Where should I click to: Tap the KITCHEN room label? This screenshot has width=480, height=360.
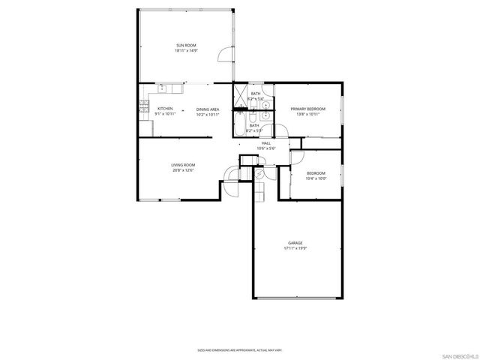tap(165, 109)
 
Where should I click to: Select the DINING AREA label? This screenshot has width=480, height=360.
tap(208, 109)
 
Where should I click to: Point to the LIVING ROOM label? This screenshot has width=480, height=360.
tap(183, 165)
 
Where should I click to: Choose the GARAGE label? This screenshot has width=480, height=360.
tap(295, 243)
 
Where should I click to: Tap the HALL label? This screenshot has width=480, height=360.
tap(266, 142)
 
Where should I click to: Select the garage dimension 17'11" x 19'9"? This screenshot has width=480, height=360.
tap(295, 249)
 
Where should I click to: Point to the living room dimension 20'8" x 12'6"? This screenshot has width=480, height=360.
tap(183, 171)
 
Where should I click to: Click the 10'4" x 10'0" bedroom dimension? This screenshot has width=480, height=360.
tap(316, 178)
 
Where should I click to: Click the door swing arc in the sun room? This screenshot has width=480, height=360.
tap(222, 55)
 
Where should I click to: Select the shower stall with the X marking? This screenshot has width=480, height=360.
tap(241, 96)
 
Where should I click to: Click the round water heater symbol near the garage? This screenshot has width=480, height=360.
tap(259, 173)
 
